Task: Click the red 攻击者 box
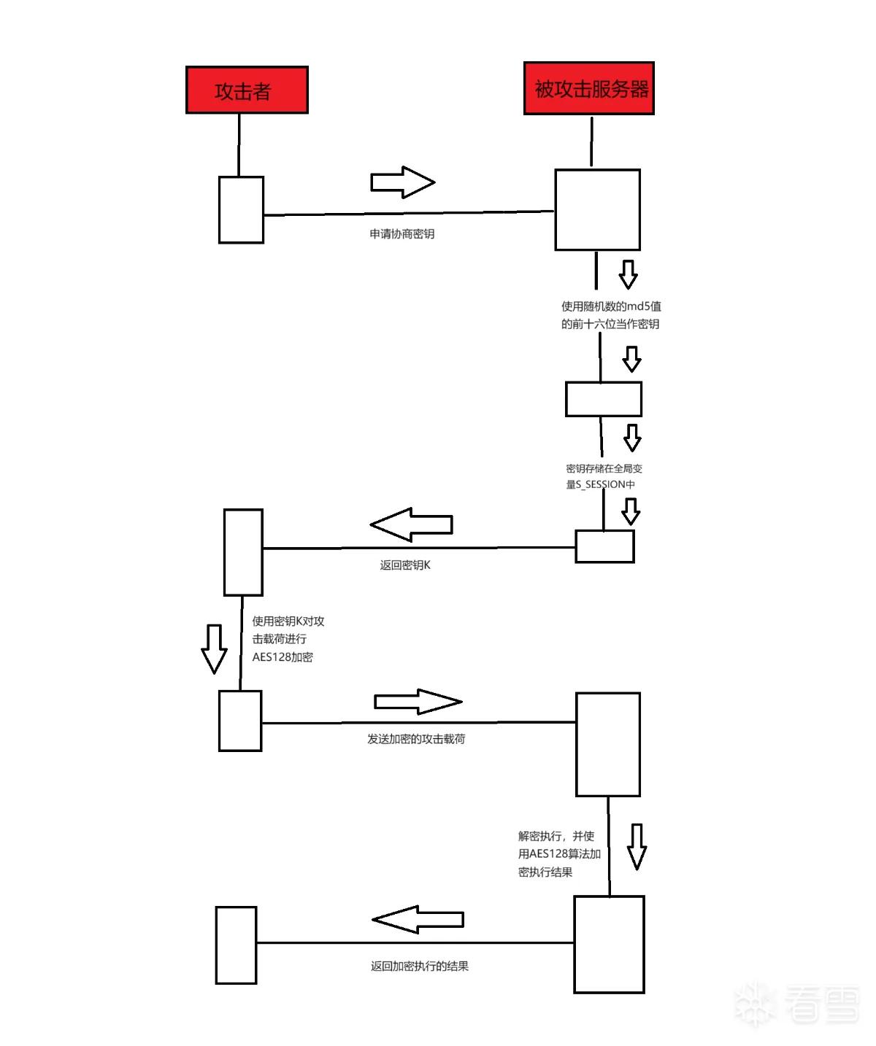point(247,90)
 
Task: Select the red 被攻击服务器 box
point(588,88)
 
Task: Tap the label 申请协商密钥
point(401,234)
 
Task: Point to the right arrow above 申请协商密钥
point(403,182)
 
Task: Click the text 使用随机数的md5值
point(611,306)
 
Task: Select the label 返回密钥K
point(405,565)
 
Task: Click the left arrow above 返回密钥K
point(411,524)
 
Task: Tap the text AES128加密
point(283,657)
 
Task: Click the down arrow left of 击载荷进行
point(214,648)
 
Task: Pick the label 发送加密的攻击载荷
point(416,739)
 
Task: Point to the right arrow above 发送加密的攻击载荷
point(418,701)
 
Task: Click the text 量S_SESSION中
point(600,484)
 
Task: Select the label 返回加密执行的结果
point(420,966)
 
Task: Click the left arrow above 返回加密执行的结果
point(418,919)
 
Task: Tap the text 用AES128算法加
point(559,853)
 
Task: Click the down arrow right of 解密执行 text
point(637,847)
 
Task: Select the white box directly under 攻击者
point(241,210)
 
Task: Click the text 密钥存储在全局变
point(604,468)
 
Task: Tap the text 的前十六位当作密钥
point(610,324)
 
